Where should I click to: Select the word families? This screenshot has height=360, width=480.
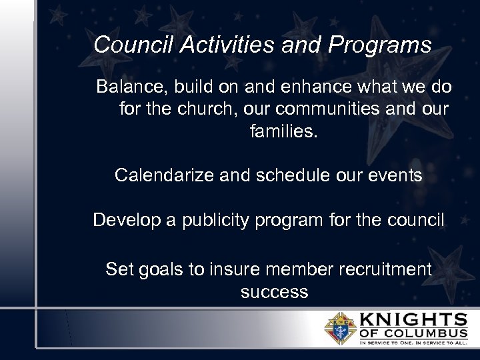[x=284, y=131]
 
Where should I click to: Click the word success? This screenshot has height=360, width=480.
[x=274, y=292]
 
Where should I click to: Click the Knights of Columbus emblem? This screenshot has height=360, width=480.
[x=340, y=329]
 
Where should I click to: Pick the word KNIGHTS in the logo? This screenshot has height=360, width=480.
[x=413, y=319]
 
